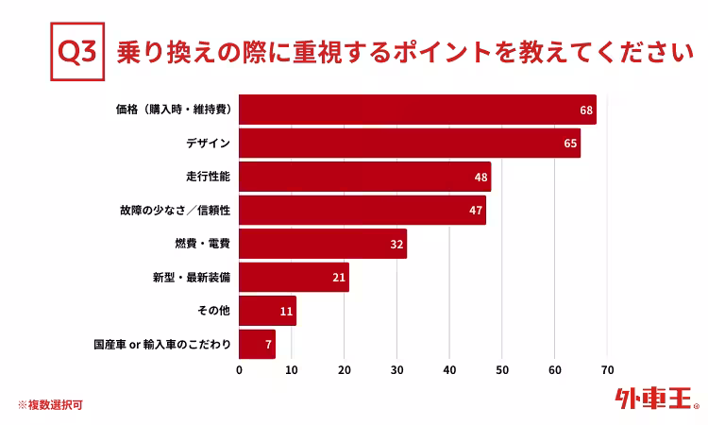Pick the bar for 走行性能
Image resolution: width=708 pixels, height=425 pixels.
pyautogui.click(x=364, y=177)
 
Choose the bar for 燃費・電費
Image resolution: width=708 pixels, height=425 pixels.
pyautogui.click(x=322, y=244)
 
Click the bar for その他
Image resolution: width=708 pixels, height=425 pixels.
pyautogui.click(x=267, y=311)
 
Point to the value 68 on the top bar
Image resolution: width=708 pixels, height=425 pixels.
pyautogui.click(x=586, y=110)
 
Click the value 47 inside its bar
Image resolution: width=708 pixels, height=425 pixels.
pyautogui.click(x=476, y=210)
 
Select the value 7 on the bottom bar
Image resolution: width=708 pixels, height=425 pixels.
pyautogui.click(x=269, y=345)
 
